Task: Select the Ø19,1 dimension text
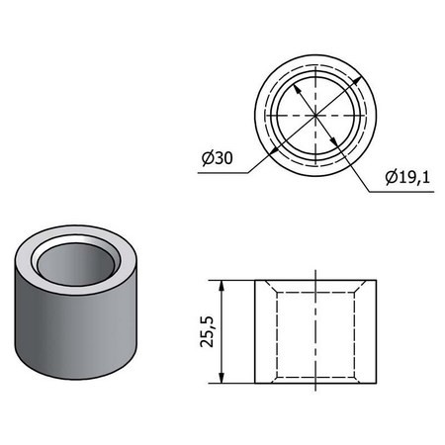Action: coord(406,179)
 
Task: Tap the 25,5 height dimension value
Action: coord(204,331)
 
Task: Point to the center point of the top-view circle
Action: coord(315,116)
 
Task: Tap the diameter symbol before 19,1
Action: coord(387,179)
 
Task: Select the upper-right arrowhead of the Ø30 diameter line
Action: coord(362,77)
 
